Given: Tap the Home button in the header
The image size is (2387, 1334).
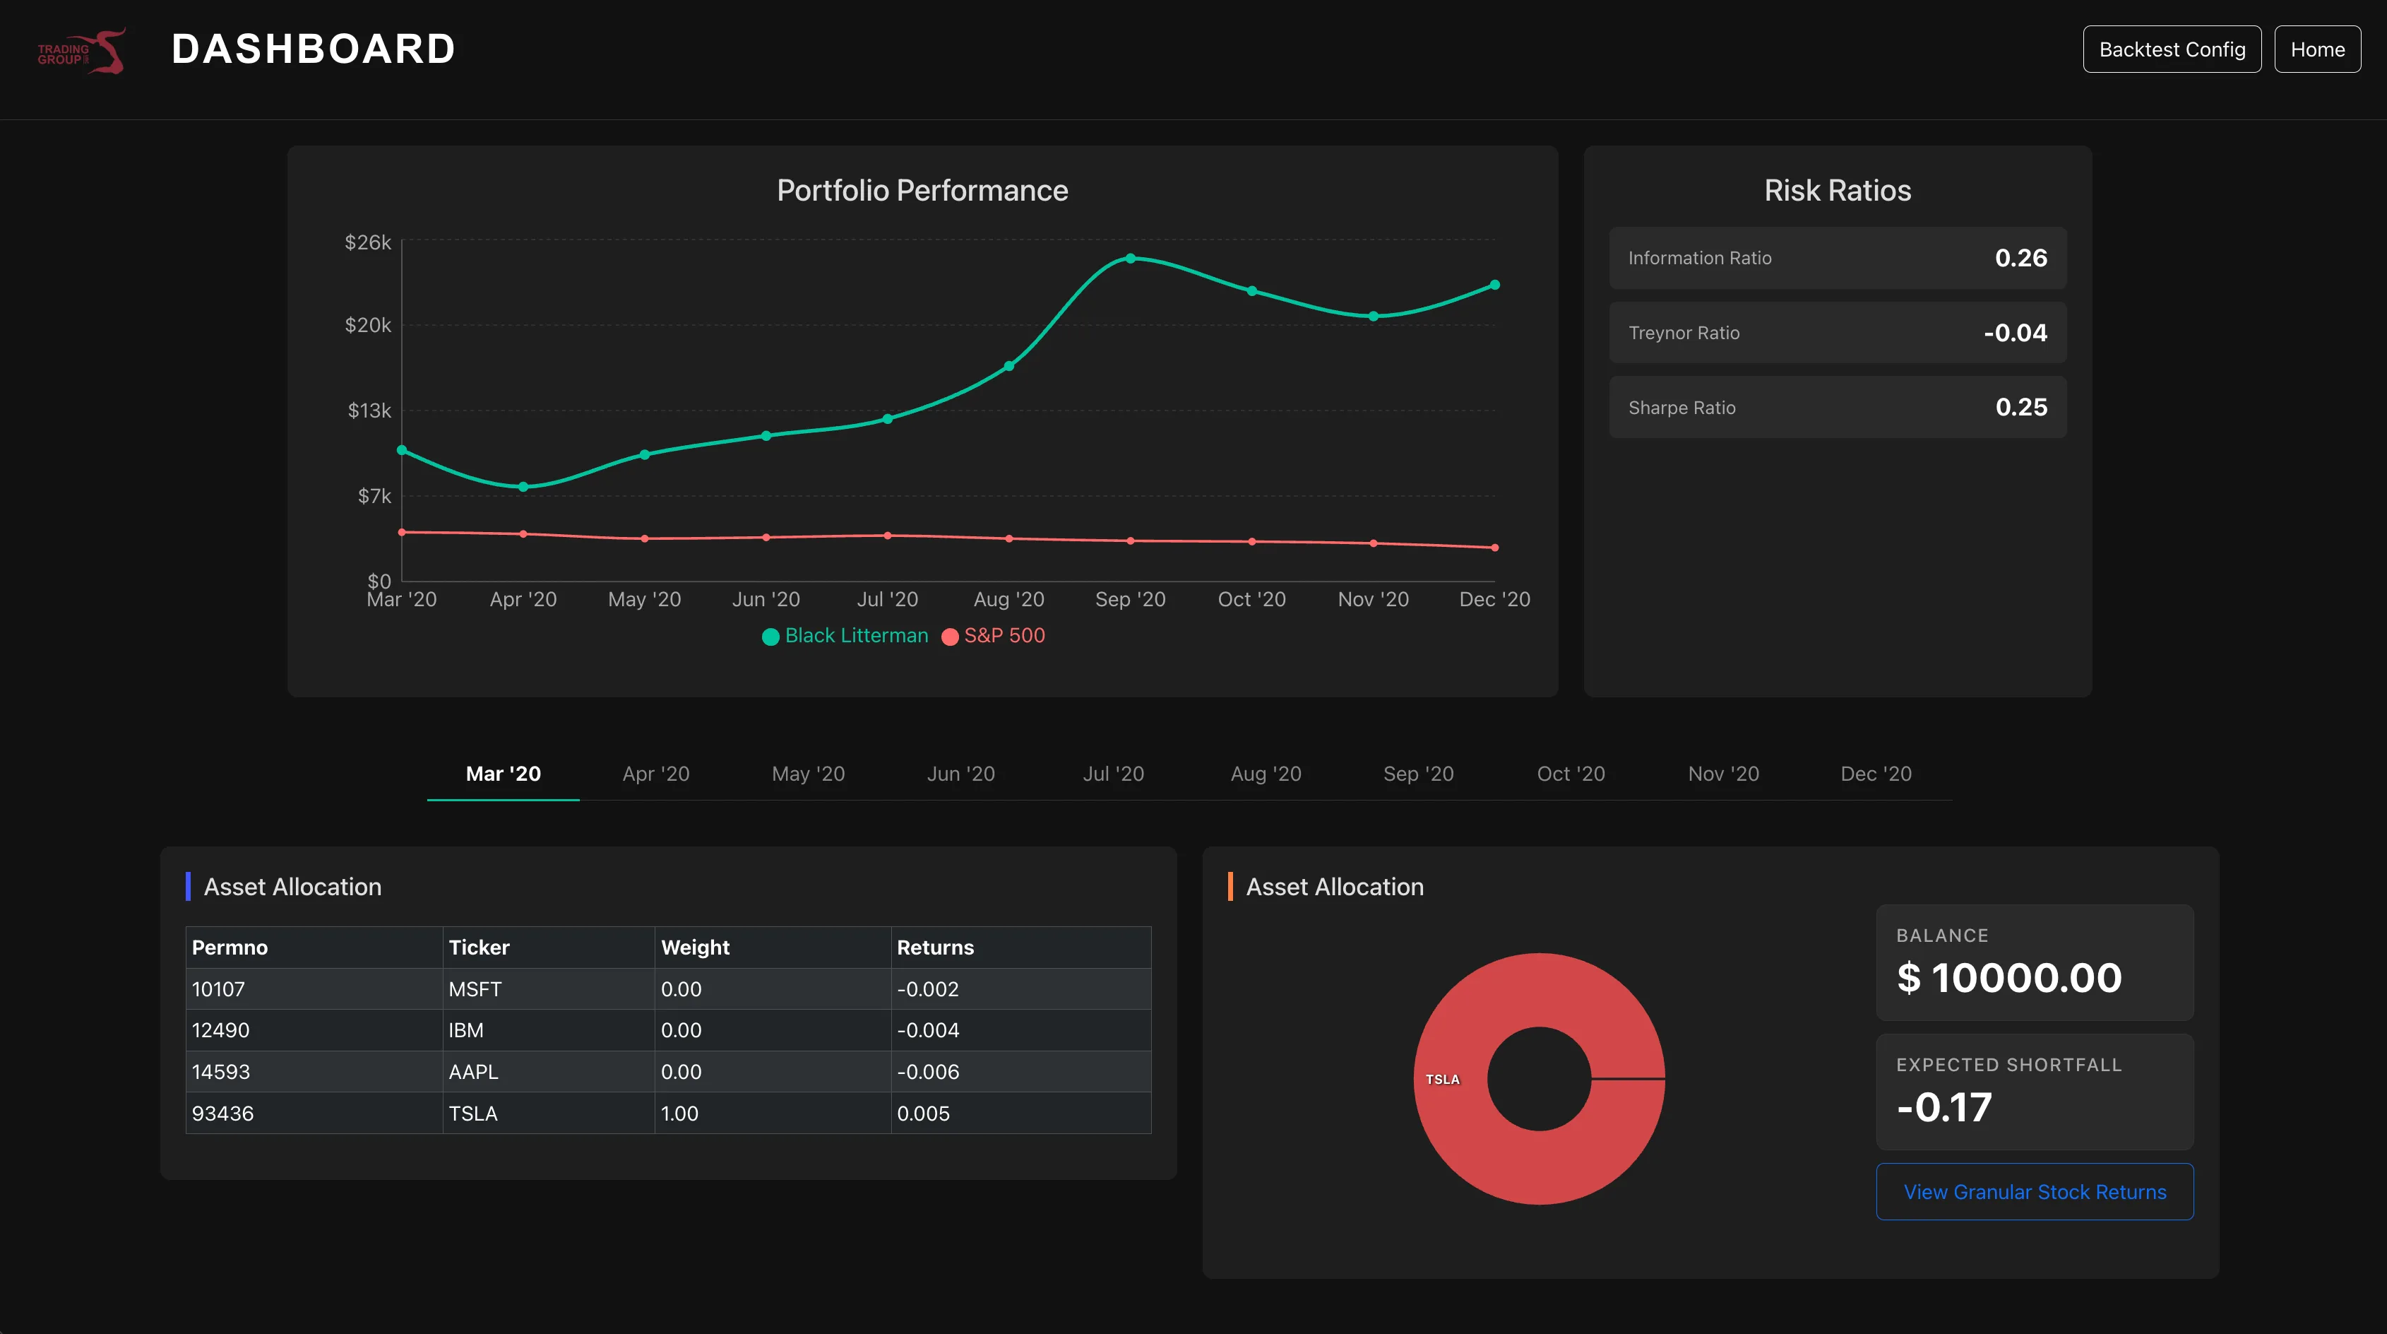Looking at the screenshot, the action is pyautogui.click(x=2318, y=49).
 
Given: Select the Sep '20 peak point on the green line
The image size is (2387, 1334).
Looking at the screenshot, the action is pyautogui.click(x=1131, y=259).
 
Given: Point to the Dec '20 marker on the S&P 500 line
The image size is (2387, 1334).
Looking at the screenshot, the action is pyautogui.click(x=1494, y=548).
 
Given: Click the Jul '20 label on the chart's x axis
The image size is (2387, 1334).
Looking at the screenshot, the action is pyautogui.click(x=888, y=600).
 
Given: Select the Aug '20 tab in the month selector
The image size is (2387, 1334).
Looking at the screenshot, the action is pyautogui.click(x=1266, y=774).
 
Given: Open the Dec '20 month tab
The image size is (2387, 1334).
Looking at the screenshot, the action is pyautogui.click(x=1876, y=774).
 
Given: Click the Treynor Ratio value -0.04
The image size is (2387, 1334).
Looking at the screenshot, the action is pyautogui.click(x=2015, y=333).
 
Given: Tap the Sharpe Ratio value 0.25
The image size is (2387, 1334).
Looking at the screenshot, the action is pyautogui.click(x=2021, y=407).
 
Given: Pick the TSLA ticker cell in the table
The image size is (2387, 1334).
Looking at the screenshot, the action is pyautogui.click(x=472, y=1114).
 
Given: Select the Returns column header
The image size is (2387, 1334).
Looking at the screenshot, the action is pyautogui.click(x=935, y=948).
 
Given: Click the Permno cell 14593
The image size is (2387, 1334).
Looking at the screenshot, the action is pyautogui.click(x=220, y=1072).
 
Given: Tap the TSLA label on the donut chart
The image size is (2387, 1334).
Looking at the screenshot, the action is pyautogui.click(x=1442, y=1079).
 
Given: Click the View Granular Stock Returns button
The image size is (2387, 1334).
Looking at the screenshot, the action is pyautogui.click(x=2035, y=1192).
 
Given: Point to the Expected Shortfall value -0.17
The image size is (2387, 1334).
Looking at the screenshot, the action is pyautogui.click(x=1944, y=1107).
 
